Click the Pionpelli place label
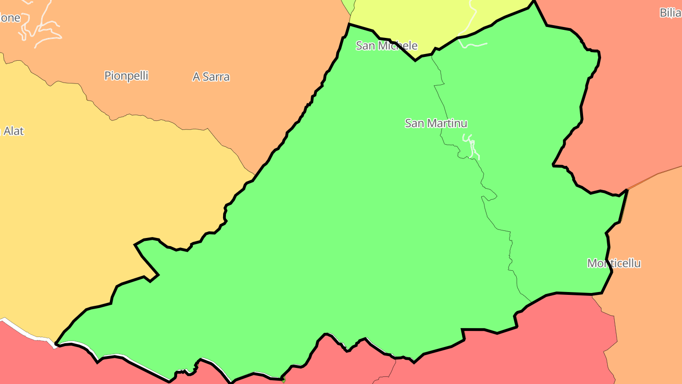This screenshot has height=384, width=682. click(126, 76)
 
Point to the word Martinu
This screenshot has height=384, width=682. click(447, 123)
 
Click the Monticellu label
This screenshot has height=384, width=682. click(614, 264)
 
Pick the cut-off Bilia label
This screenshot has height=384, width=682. click(670, 13)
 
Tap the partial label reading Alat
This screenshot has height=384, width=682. click(13, 131)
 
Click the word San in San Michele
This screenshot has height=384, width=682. click(365, 46)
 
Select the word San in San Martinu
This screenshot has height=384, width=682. click(414, 123)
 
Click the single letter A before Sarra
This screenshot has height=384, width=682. click(197, 77)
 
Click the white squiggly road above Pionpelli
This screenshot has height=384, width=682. click(43, 28)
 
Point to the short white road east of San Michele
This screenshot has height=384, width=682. click(474, 46)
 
